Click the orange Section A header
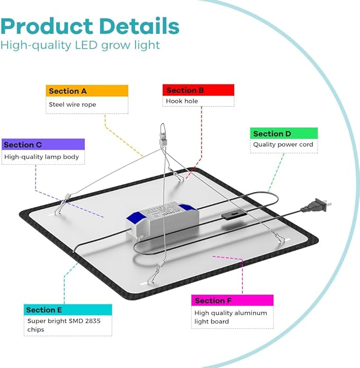[87, 91]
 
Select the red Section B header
[198, 90]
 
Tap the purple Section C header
[43, 144]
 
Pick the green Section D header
[284, 133]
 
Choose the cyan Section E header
[68, 310]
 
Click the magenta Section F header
[232, 301]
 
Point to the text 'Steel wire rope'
[72, 104]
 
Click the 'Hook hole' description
[182, 101]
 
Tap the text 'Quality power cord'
[283, 145]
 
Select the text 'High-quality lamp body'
[41, 157]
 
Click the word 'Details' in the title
[139, 26]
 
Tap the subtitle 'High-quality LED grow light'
[80, 45]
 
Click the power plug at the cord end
[317, 205]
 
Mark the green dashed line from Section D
[276, 173]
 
